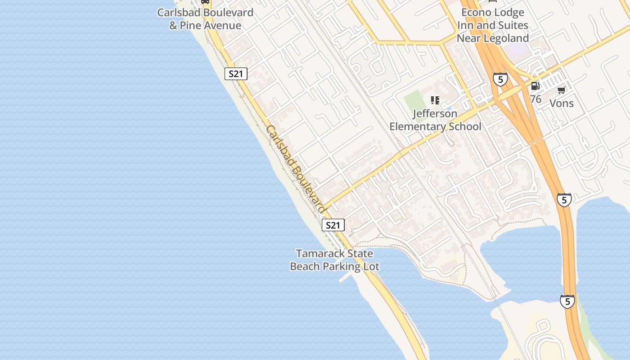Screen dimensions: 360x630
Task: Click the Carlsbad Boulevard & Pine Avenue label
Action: click(205, 19)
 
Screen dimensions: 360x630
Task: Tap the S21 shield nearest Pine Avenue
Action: click(236, 74)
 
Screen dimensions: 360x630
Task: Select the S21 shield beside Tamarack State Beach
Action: click(333, 225)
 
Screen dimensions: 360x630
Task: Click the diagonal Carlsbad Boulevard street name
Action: click(295, 169)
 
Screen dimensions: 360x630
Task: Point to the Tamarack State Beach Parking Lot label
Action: click(334, 260)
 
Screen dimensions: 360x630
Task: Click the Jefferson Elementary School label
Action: click(435, 120)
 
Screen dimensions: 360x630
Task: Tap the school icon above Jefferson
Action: click(435, 100)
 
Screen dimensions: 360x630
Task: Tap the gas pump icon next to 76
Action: click(535, 85)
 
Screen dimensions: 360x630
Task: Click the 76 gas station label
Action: click(535, 99)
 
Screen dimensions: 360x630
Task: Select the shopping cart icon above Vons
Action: click(561, 90)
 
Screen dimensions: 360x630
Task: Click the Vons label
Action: click(562, 103)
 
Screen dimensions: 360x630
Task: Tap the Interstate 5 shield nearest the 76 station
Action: click(500, 79)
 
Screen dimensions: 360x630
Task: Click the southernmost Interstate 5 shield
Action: click(567, 301)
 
